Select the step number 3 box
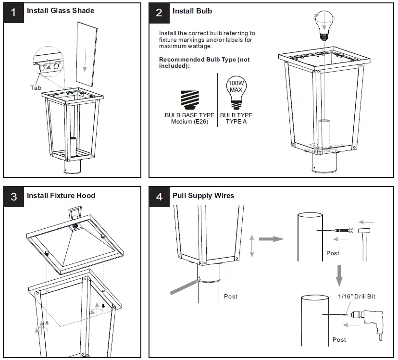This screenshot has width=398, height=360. (13, 197)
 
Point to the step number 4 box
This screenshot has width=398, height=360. (159, 197)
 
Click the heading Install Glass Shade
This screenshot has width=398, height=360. (61, 11)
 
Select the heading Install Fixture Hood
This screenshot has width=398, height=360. (61, 196)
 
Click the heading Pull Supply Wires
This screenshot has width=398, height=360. (203, 196)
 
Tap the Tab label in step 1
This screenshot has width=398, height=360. (36, 88)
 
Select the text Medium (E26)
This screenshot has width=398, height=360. (189, 122)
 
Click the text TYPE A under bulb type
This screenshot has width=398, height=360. (236, 122)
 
